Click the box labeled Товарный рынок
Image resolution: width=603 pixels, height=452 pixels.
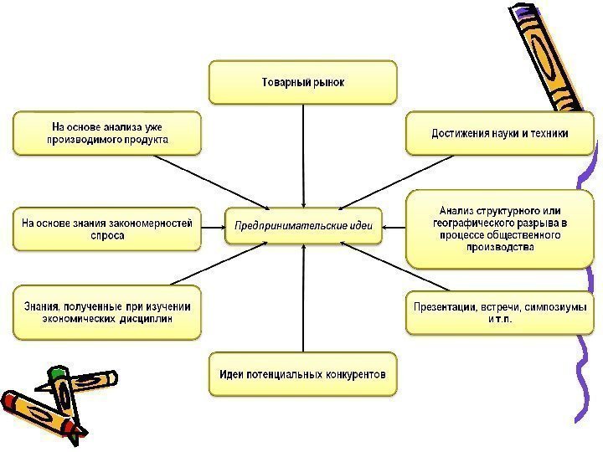click(301, 82)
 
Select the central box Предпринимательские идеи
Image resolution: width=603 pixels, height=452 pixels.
click(303, 224)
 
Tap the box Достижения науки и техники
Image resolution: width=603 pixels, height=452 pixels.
click(499, 133)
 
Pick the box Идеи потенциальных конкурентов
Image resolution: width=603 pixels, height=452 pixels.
click(302, 374)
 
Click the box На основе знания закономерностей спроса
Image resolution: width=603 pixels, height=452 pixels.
click(107, 229)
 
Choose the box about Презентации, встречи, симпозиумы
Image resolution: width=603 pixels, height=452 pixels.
click(499, 313)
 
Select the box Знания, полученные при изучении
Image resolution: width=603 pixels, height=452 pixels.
click(107, 312)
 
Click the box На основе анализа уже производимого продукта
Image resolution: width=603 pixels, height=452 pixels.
click(107, 133)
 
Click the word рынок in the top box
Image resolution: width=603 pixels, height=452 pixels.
click(328, 83)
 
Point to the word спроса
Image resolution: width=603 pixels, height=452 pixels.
click(107, 236)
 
